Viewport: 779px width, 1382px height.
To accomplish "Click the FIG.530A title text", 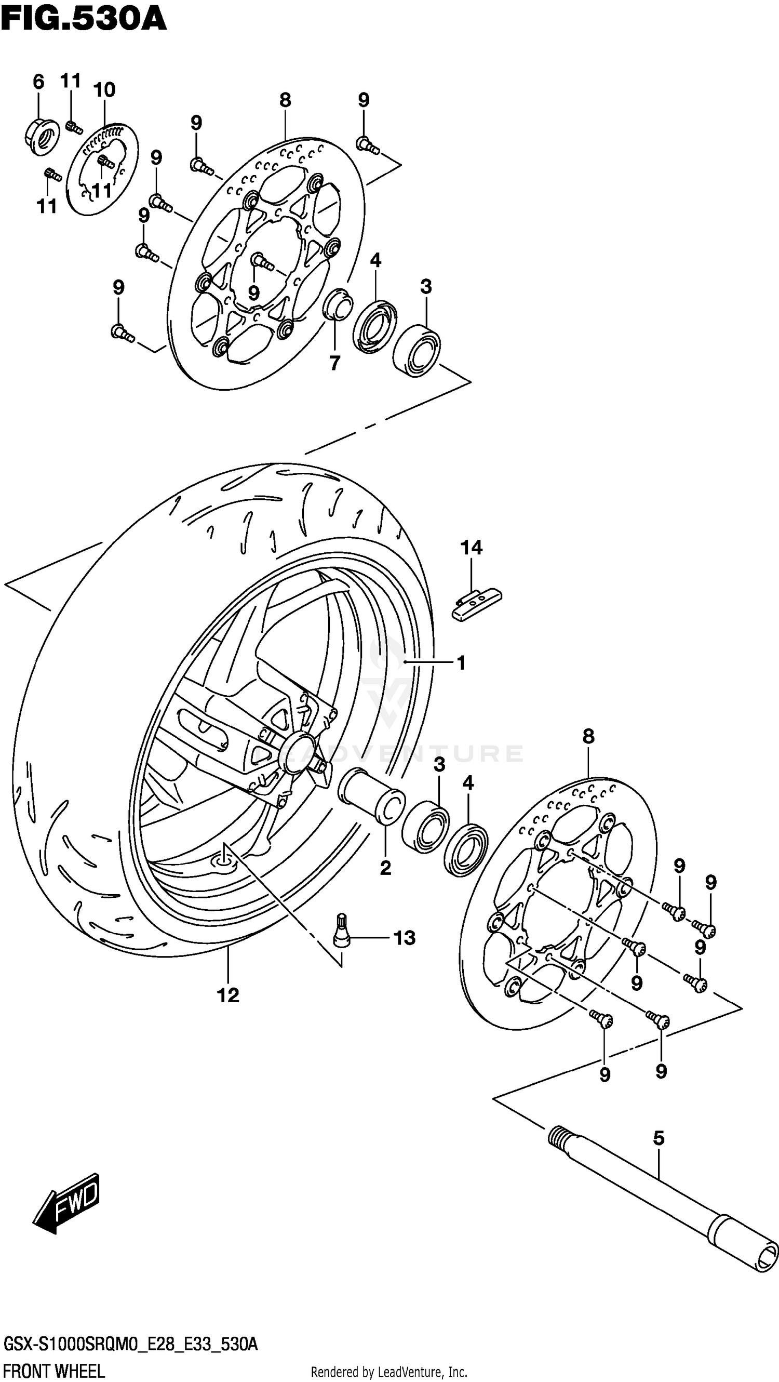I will [x=84, y=20].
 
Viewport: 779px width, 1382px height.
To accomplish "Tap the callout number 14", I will [x=471, y=548].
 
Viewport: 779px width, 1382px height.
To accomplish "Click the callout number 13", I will [x=404, y=938].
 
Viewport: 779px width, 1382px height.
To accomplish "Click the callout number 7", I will [x=334, y=363].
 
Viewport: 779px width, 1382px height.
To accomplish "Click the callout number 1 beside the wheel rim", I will [x=461, y=663].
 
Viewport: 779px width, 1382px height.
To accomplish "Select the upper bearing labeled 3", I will [x=417, y=350].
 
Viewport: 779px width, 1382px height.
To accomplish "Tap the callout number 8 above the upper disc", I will [x=285, y=100].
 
